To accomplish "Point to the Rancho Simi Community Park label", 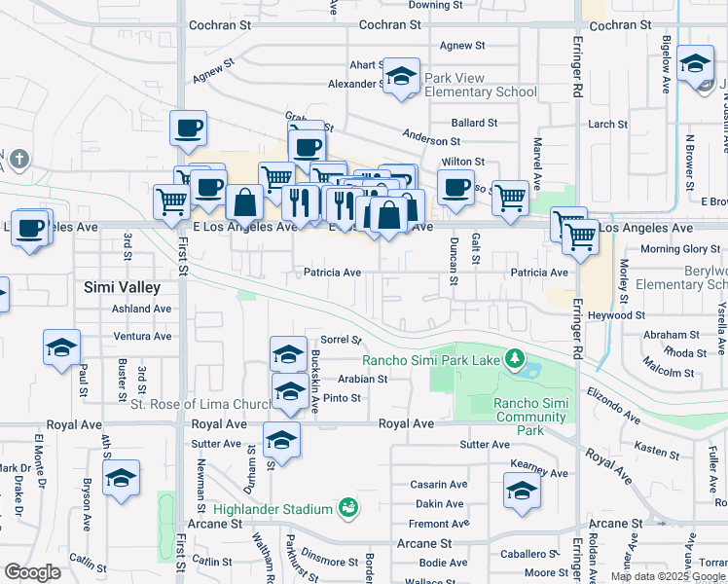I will pos(529,417).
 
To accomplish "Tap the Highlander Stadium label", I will pos(273,507).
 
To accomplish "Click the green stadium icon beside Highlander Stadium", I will pos(347,507).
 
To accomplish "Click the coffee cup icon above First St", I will pos(188,128).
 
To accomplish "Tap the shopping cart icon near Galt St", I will pos(510,198).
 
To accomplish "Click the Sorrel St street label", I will pos(342,341).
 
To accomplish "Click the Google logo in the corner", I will pos(32,572).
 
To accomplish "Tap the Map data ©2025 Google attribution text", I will pos(667,576).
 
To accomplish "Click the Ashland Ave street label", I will pos(141,309).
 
